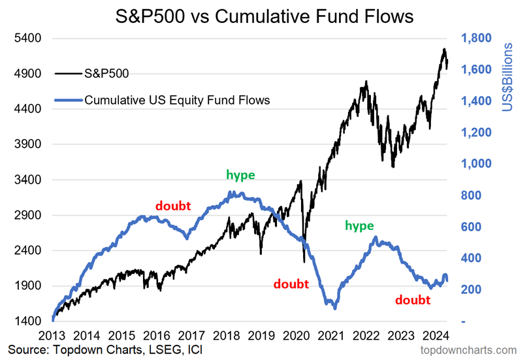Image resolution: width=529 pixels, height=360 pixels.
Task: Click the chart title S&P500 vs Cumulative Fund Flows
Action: point(264,16)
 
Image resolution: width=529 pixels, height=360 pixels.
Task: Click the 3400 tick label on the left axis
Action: point(29,180)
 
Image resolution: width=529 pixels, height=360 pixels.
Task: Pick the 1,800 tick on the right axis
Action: point(477,39)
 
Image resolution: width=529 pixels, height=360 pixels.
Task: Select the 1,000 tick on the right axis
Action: point(477,164)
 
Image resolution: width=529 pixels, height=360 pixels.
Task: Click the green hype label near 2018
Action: point(240,174)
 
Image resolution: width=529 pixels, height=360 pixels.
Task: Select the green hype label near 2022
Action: point(359,225)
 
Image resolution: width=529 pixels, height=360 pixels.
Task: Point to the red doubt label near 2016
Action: point(173,205)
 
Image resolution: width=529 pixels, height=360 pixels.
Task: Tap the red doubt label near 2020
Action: point(291,284)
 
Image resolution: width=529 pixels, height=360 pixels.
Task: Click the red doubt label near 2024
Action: point(413,300)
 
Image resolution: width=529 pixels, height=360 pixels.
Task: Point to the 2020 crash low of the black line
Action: point(304,262)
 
